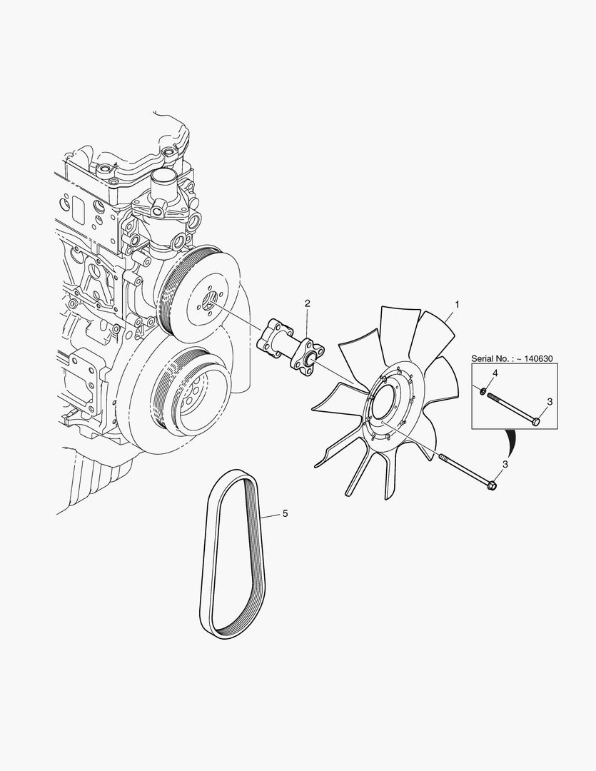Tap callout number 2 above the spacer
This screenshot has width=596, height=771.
pos(308,303)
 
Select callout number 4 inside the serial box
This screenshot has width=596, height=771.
pos(495,373)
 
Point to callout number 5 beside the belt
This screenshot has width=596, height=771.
pos(286,514)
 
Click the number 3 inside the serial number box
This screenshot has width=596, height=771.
pos(550,402)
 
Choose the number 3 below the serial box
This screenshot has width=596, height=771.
pos(505,464)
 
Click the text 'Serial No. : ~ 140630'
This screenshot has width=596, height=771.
pos(512,358)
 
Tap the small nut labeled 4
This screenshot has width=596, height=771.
pos(483,391)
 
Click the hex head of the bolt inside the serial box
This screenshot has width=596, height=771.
pos(536,421)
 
